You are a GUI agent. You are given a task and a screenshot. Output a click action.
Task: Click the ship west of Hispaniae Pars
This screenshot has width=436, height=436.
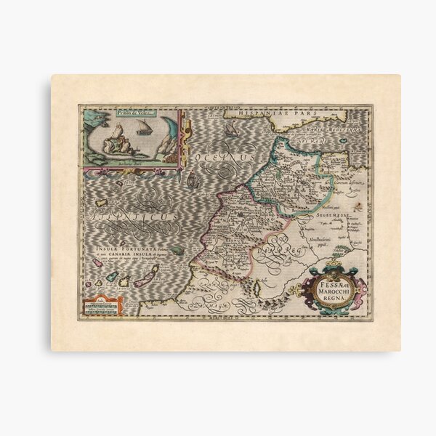[231, 130]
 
